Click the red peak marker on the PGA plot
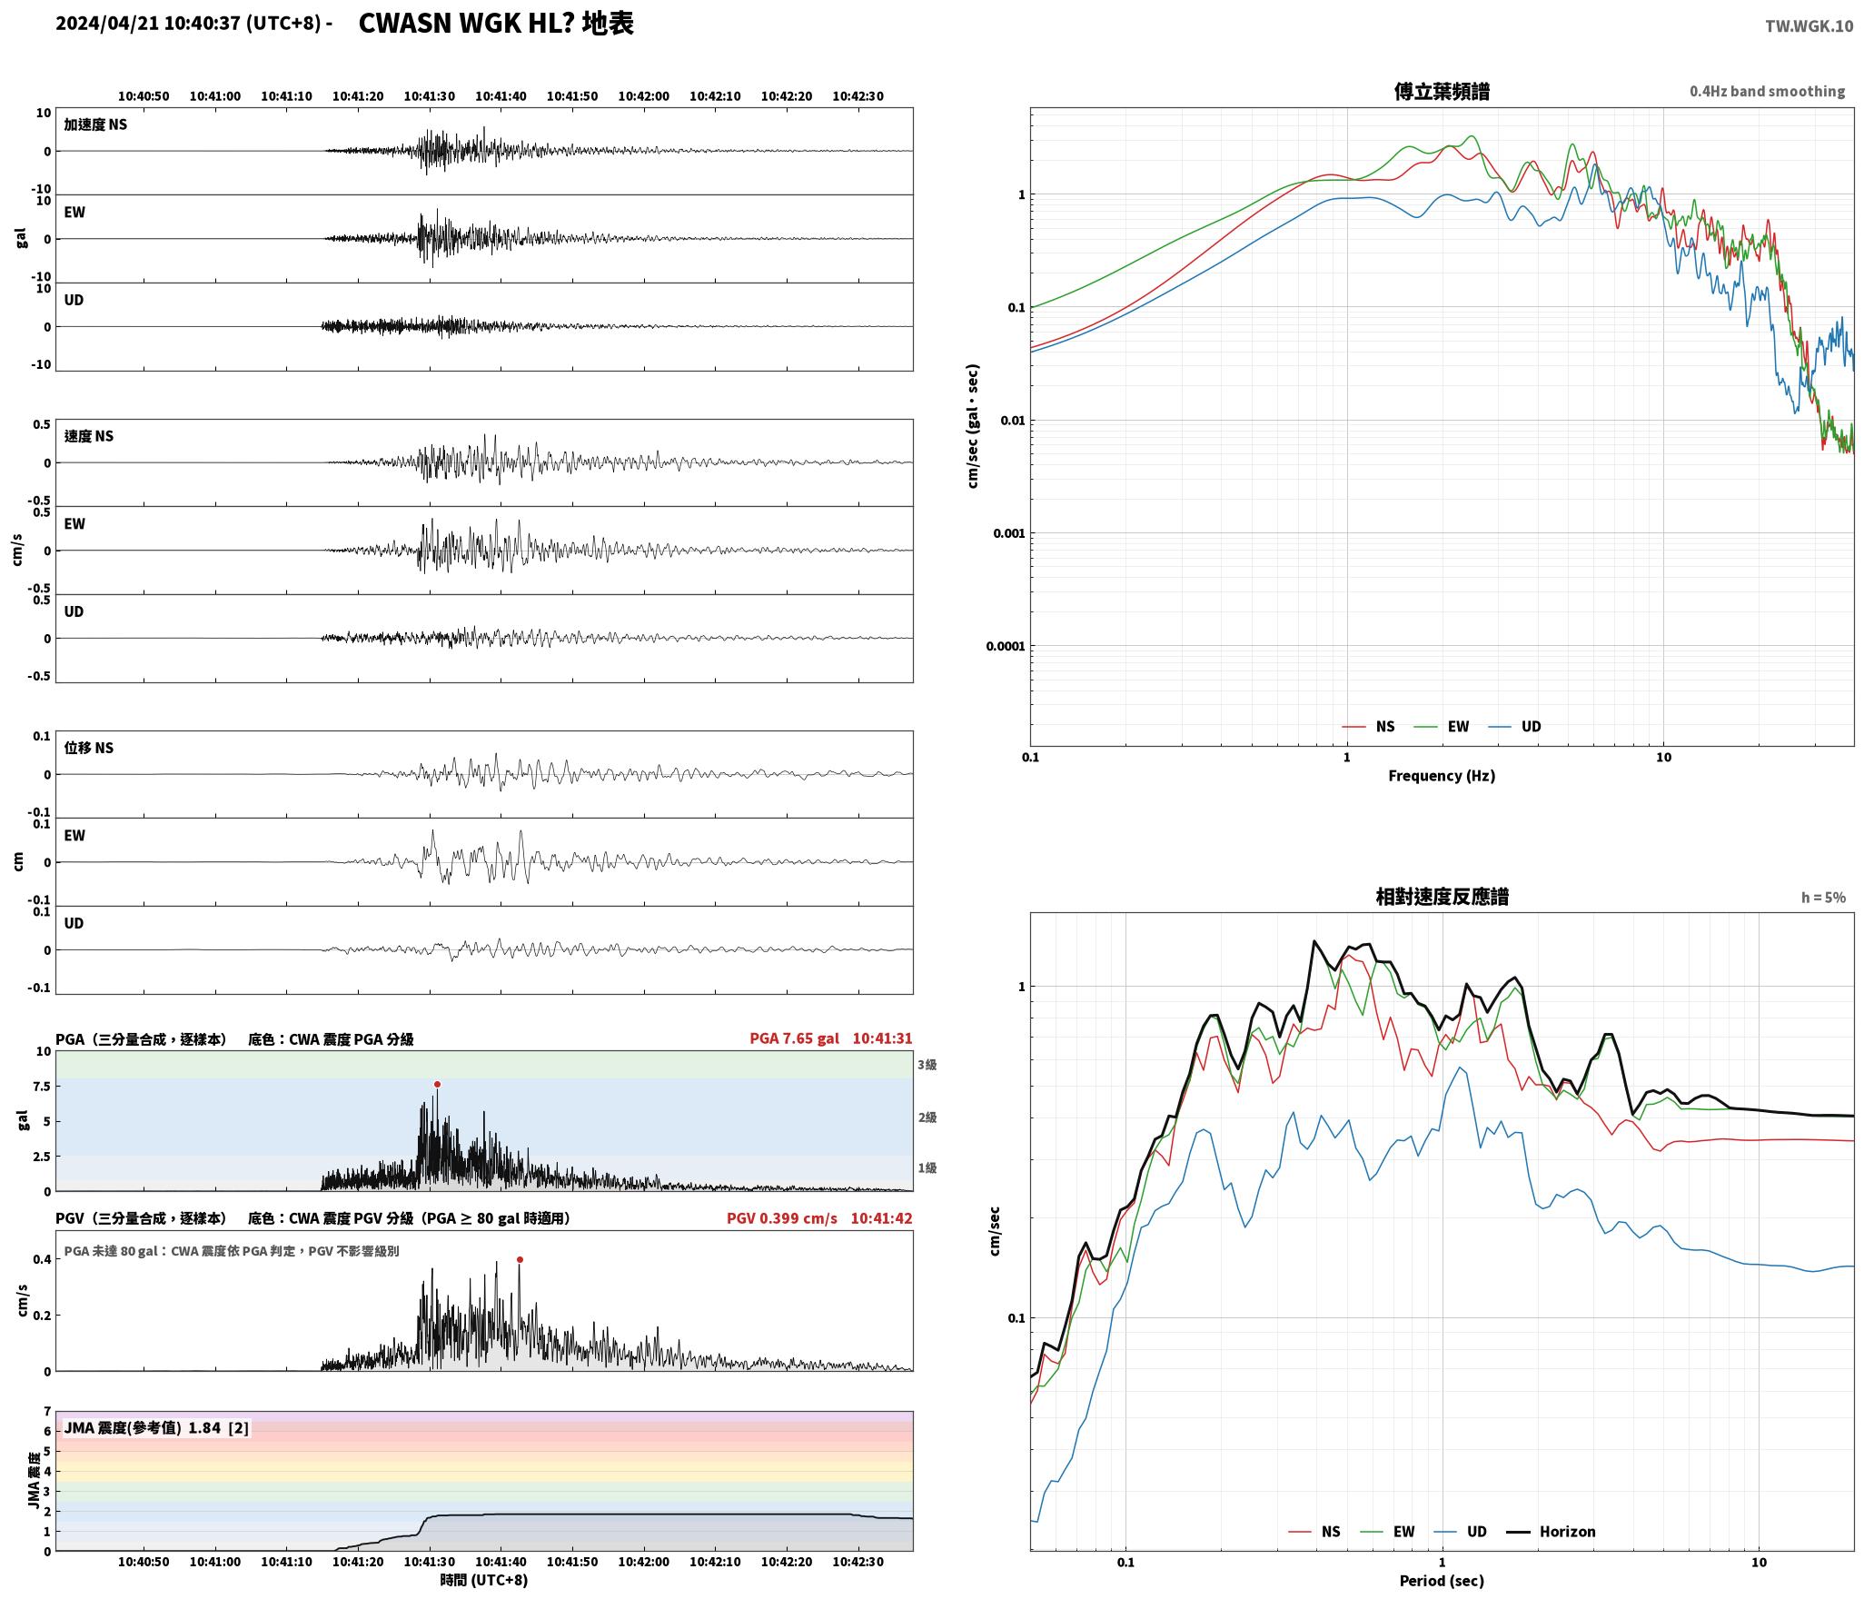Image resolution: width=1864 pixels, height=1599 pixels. pos(437,1084)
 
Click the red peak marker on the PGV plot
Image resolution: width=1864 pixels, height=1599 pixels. pos(520,1259)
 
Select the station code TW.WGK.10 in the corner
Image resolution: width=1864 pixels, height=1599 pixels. pos(1809,26)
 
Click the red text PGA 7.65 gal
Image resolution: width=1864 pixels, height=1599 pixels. pos(794,1038)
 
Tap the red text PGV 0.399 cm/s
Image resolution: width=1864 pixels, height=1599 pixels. pos(781,1218)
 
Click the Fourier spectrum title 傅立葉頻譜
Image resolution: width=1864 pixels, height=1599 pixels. pos(1442,91)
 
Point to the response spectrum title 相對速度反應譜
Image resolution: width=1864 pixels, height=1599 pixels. pos(1442,897)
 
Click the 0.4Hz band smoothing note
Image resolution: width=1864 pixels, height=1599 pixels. pos(1767,92)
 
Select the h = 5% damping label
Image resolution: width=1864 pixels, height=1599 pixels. pos(1823,898)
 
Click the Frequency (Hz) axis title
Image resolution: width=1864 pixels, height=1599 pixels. pos(1442,775)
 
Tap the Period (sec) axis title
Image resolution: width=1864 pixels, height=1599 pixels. pos(1442,1580)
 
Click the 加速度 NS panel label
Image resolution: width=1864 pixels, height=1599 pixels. pos(95,124)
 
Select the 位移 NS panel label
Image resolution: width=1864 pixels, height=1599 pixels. pos(89,748)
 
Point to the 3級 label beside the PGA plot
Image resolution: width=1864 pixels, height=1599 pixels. pos(927,1065)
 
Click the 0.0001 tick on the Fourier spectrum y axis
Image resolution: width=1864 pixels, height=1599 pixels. pos(1006,646)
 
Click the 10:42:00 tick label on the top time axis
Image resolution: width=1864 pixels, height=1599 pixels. pos(643,96)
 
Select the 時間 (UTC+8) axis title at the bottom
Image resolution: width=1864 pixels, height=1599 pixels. pos(484,1580)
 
